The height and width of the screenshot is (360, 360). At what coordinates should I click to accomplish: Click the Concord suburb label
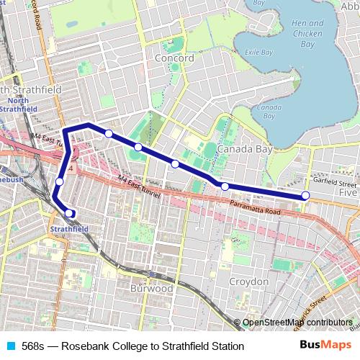[174, 58]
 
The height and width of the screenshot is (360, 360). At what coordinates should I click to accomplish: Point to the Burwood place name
[151, 288]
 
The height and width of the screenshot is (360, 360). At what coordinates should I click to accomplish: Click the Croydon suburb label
[248, 281]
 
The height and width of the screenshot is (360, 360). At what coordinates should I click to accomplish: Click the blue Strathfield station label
[70, 229]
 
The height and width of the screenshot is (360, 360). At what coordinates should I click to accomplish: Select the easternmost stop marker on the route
[305, 195]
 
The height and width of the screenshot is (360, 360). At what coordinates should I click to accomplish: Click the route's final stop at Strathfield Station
[70, 212]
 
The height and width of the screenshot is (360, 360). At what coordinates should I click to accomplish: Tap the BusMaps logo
[325, 346]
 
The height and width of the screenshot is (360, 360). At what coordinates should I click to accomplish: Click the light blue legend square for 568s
[9, 346]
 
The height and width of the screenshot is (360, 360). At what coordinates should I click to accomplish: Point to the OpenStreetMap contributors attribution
[297, 323]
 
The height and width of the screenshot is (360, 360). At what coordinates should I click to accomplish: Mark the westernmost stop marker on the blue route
[60, 181]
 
